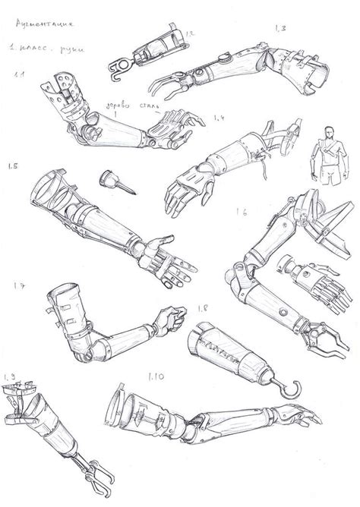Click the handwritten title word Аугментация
point(43,27)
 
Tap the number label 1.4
point(221,118)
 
